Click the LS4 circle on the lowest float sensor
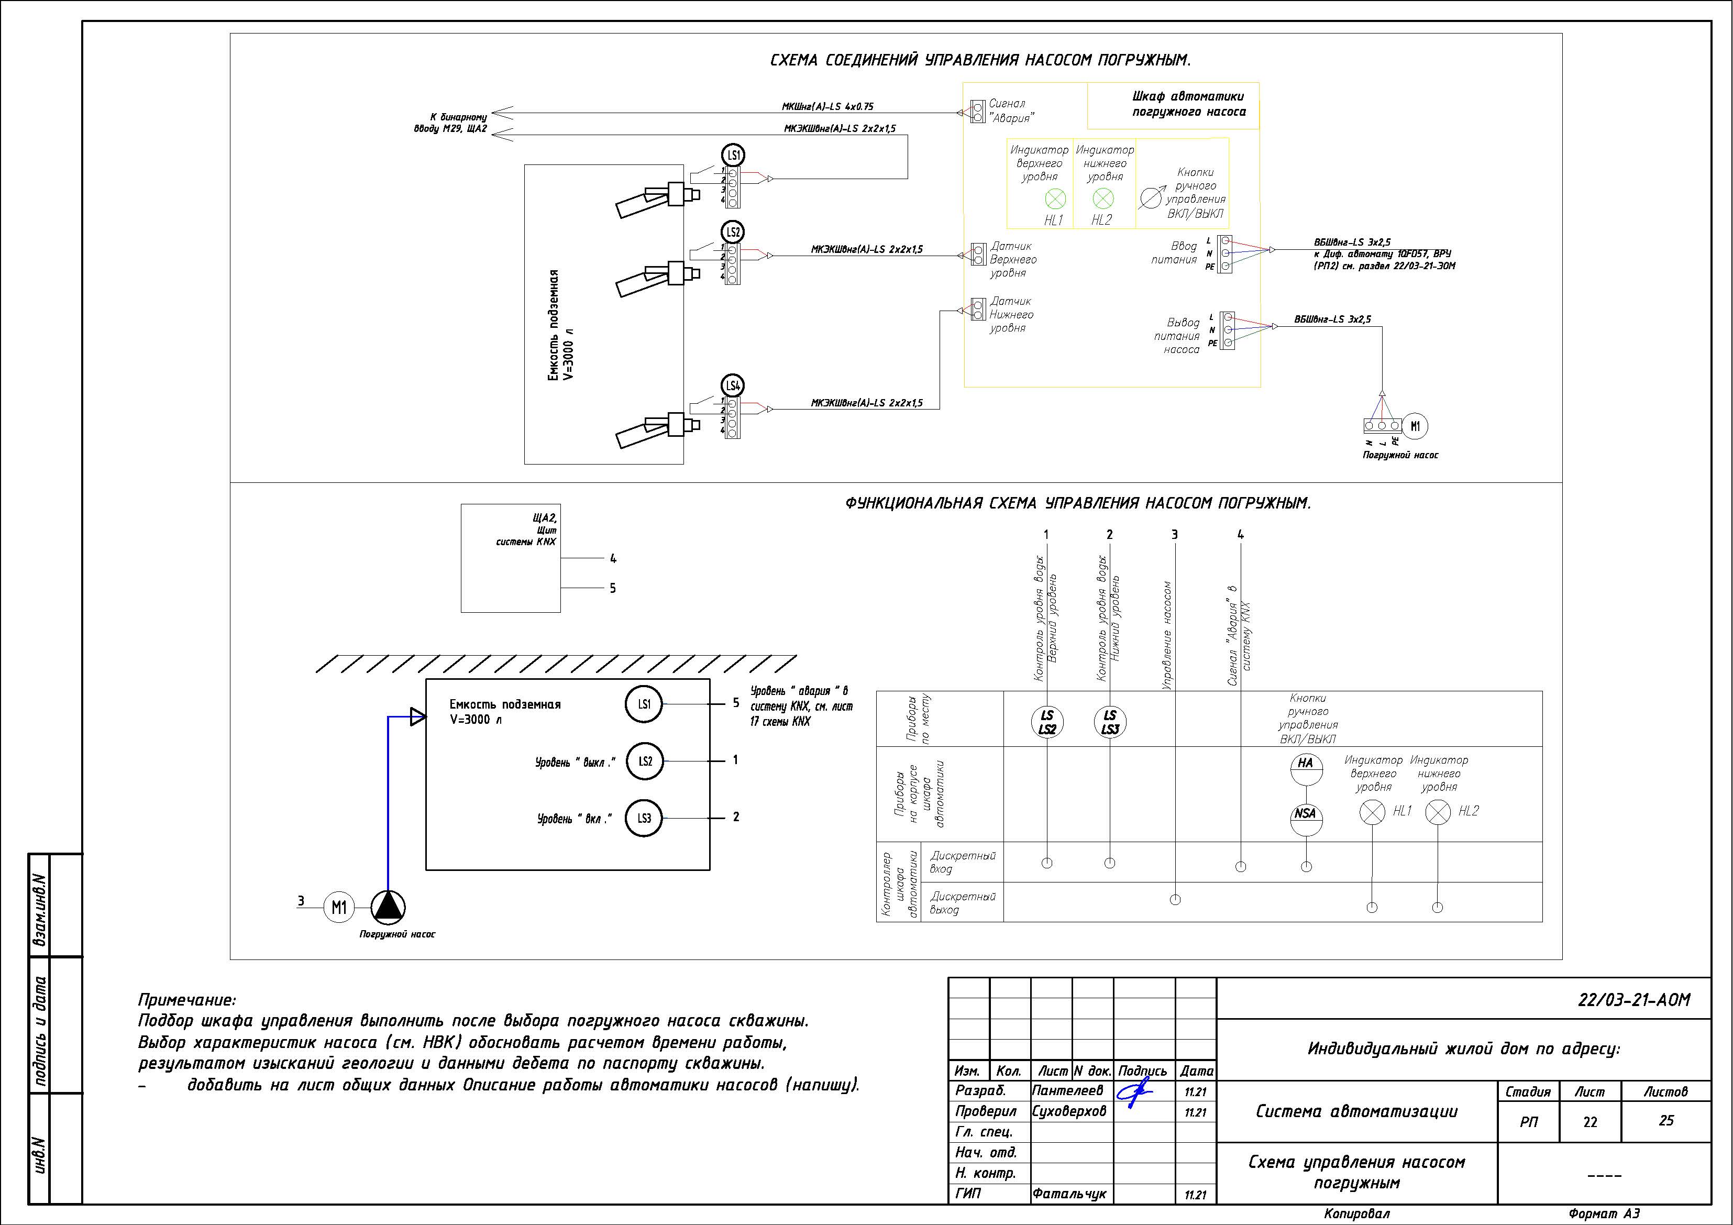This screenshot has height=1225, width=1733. (733, 385)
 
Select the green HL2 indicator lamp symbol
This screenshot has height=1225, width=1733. (1103, 198)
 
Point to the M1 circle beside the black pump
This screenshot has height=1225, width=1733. (339, 907)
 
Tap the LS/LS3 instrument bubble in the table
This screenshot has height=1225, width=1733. (1110, 722)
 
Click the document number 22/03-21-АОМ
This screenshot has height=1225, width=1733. (1634, 1000)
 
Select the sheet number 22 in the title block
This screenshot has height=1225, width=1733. (1591, 1122)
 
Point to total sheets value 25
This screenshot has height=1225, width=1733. (1666, 1121)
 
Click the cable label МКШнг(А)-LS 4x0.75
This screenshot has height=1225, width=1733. (827, 107)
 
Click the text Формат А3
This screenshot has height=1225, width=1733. (1604, 1213)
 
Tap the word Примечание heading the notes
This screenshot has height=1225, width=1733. (186, 1000)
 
